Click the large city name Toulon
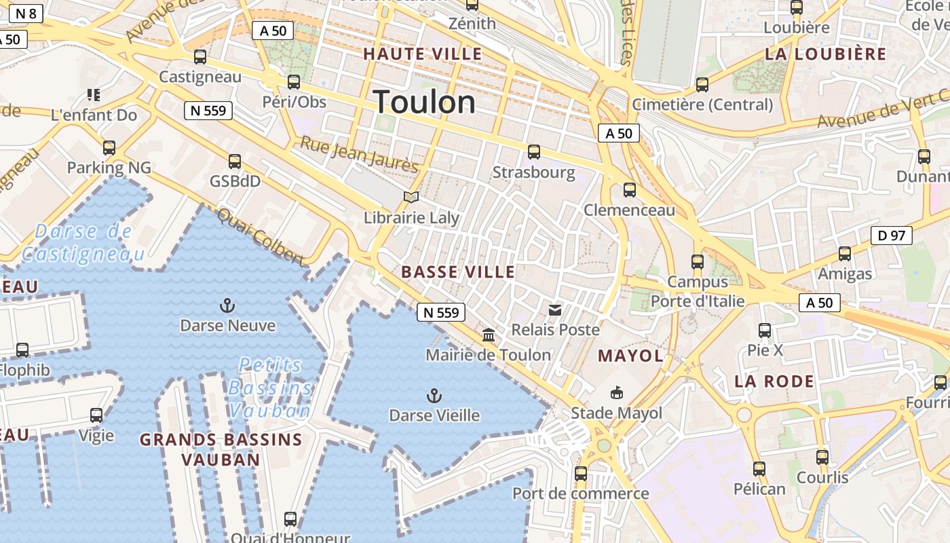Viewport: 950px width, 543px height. [x=425, y=102]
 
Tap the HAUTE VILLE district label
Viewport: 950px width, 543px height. [x=423, y=54]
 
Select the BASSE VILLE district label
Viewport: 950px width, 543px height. [x=458, y=272]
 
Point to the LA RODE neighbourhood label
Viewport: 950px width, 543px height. [x=774, y=381]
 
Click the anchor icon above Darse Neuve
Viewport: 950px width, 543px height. [x=228, y=305]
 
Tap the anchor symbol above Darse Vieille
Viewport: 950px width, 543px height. [x=434, y=395]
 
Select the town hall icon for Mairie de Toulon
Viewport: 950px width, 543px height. [x=489, y=335]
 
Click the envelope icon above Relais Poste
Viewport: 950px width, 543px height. [x=555, y=310]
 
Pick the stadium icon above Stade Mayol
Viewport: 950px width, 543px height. [x=616, y=392]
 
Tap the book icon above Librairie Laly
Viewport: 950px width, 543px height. [x=411, y=198]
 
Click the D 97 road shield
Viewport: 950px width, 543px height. [x=892, y=236]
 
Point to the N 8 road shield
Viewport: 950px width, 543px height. [x=26, y=13]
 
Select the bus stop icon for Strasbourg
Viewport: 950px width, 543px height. [x=534, y=152]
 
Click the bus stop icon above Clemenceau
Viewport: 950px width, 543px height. [x=630, y=190]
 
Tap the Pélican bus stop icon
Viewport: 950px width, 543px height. [x=759, y=468]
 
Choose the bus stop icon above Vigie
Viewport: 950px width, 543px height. [x=96, y=415]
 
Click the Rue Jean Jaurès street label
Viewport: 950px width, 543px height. [x=360, y=154]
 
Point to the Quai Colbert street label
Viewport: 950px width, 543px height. [x=260, y=236]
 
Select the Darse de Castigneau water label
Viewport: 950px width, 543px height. [x=83, y=243]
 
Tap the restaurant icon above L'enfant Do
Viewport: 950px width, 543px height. [x=94, y=95]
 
